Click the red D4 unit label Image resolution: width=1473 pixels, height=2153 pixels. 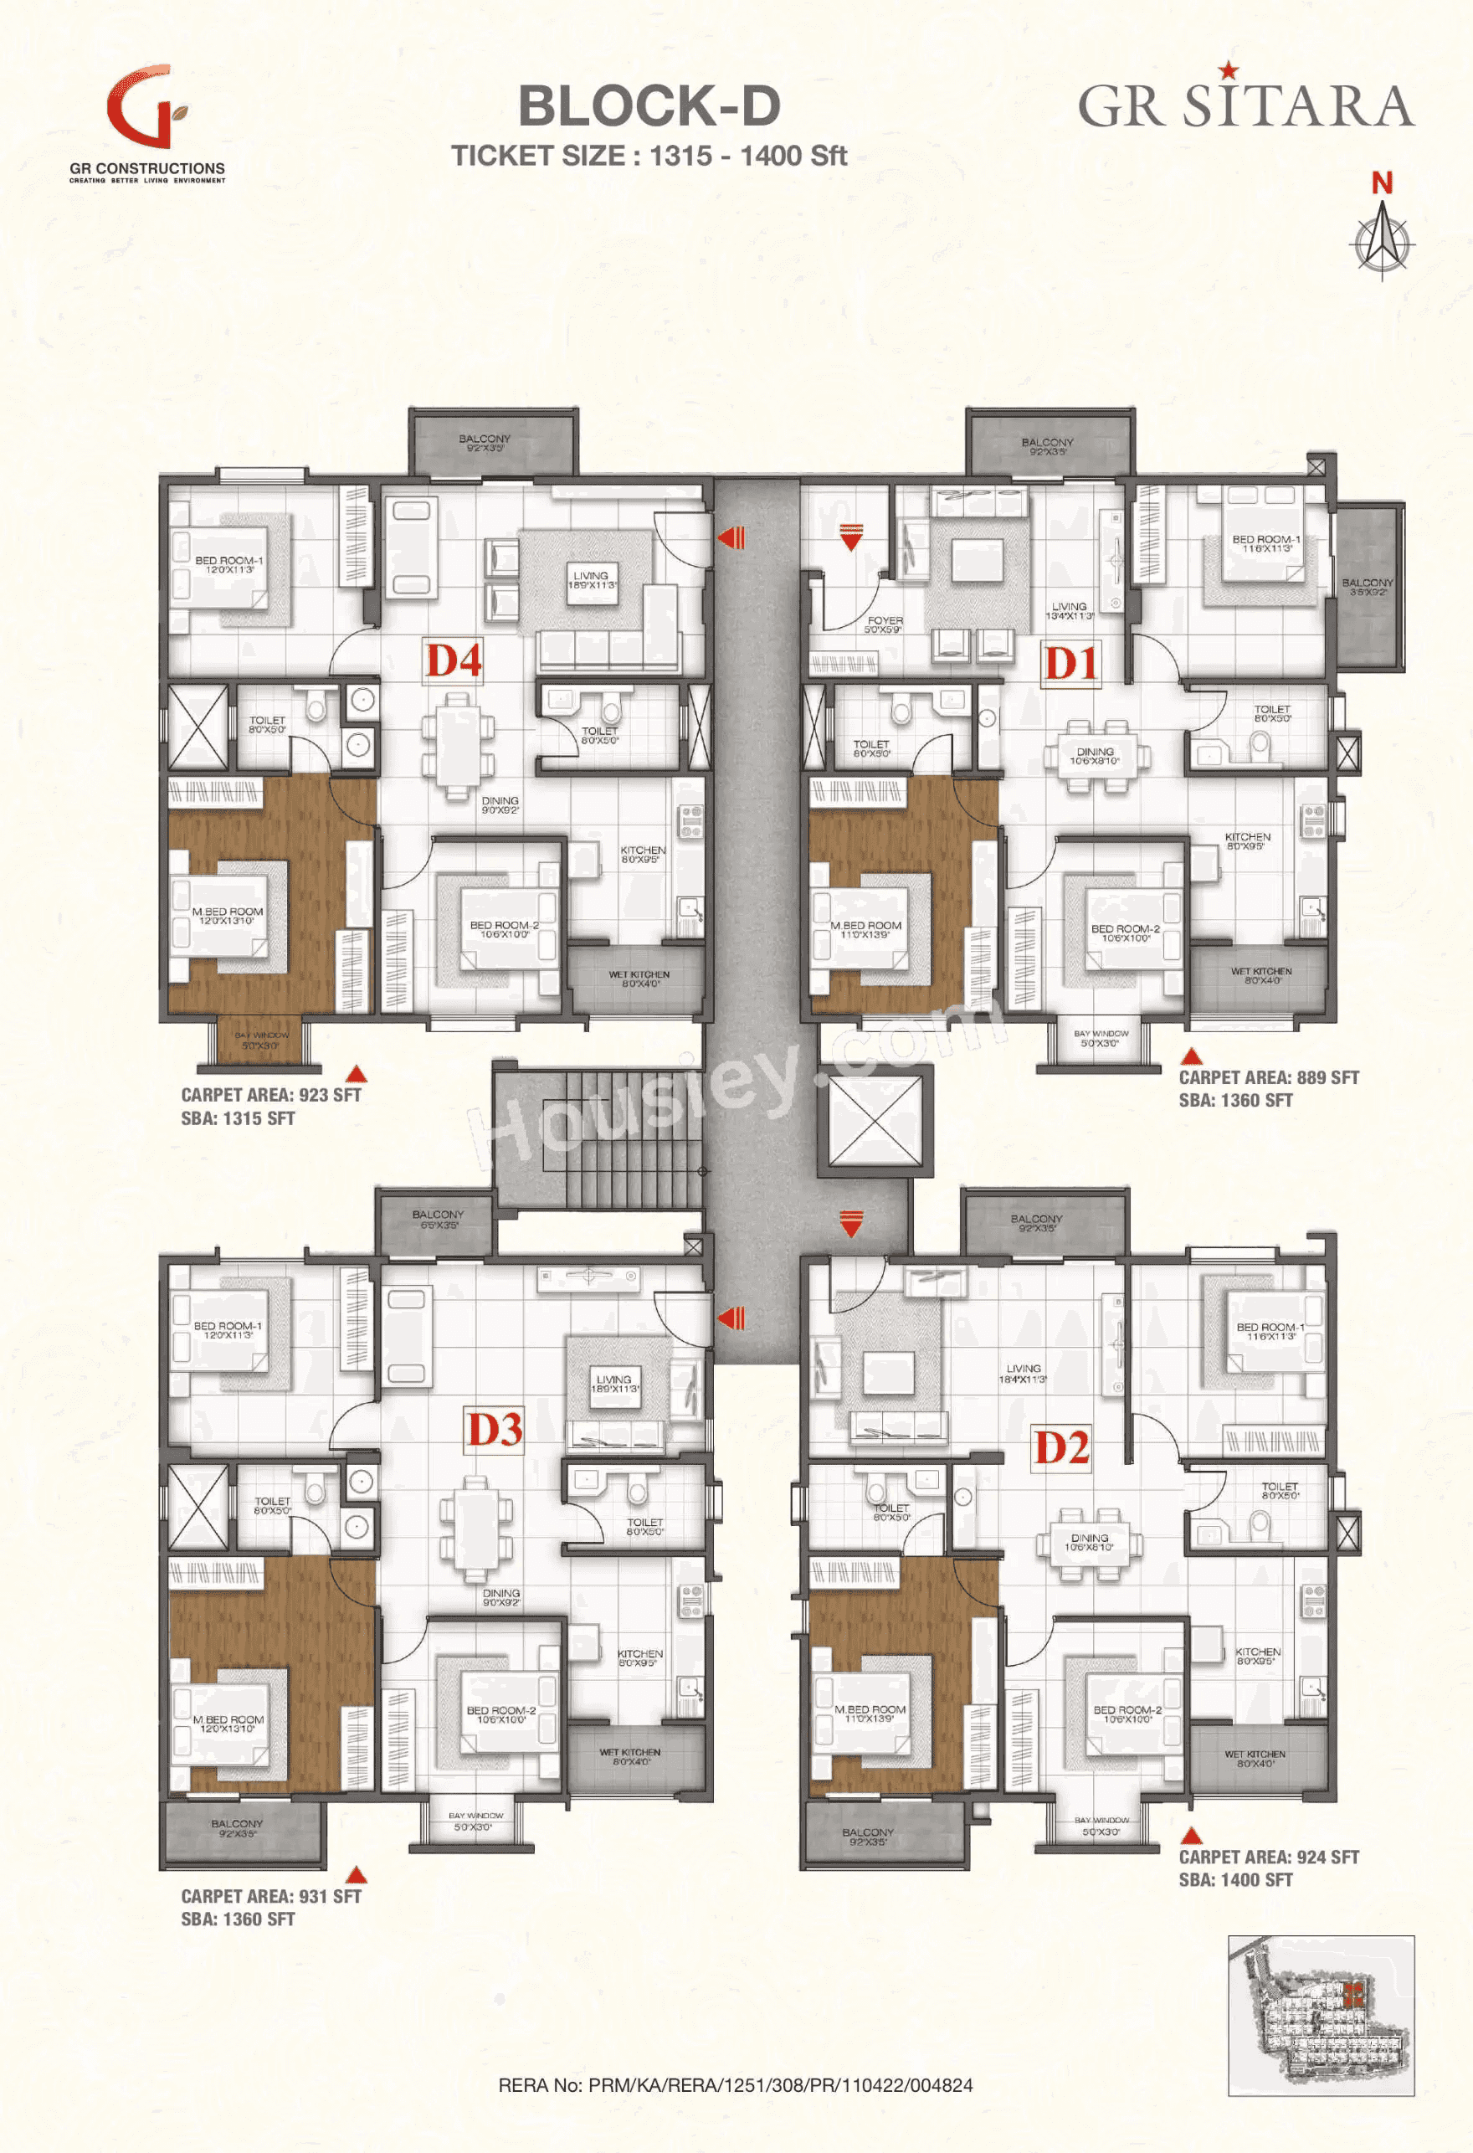pyautogui.click(x=453, y=661)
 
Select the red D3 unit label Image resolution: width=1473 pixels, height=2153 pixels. pyautogui.click(x=495, y=1430)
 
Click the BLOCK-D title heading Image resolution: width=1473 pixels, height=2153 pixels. pyautogui.click(x=649, y=105)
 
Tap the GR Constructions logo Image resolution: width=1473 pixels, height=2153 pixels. pyautogui.click(x=147, y=121)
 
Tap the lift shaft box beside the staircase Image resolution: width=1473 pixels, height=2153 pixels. pyautogui.click(x=875, y=1120)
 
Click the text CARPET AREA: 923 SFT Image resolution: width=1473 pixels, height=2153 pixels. pyautogui.click(x=270, y=1094)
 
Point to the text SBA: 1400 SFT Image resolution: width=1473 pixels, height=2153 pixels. pyautogui.click(x=1235, y=1880)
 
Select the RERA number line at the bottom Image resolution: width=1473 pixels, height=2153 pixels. pyautogui.click(x=736, y=2084)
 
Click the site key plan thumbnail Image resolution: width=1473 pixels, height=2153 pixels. pyautogui.click(x=1321, y=2014)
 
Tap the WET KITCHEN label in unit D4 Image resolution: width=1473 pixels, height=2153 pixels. pyautogui.click(x=639, y=979)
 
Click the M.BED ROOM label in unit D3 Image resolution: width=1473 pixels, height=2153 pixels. pyautogui.click(x=228, y=1722)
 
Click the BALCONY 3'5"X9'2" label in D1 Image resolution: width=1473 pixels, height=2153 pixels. pyautogui.click(x=1367, y=587)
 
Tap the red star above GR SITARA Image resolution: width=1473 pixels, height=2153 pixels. pyautogui.click(x=1228, y=69)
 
